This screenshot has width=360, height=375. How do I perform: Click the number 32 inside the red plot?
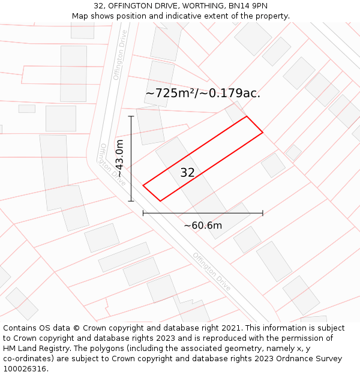[x=187, y=173]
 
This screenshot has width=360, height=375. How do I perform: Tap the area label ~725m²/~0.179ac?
[x=203, y=93]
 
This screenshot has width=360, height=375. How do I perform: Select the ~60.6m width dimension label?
[x=203, y=226]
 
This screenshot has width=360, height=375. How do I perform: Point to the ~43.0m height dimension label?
[x=119, y=158]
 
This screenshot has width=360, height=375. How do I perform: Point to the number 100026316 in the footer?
[x=25, y=369]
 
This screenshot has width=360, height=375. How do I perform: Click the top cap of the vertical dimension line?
[x=131, y=116]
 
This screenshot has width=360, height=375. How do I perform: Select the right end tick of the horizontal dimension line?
[x=263, y=213]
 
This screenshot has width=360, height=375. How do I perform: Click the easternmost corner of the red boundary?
[x=263, y=132]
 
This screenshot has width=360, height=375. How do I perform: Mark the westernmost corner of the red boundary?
[x=143, y=185]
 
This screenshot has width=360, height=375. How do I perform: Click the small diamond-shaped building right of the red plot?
[x=293, y=152]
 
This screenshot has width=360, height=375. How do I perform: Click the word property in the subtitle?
[x=272, y=16]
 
